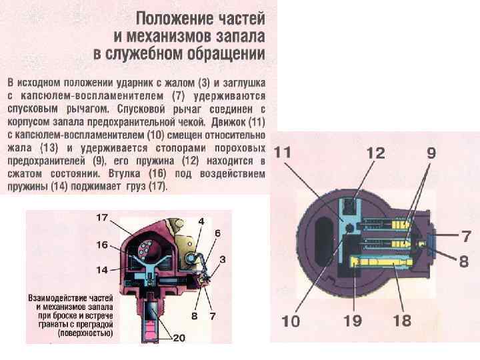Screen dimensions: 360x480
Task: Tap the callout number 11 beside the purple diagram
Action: click(283, 152)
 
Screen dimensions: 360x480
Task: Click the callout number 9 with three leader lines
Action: click(431, 152)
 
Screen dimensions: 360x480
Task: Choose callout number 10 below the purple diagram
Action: click(291, 321)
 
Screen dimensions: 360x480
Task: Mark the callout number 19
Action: click(352, 321)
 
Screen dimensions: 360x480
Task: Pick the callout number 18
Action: click(402, 321)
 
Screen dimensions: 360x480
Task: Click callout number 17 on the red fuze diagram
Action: click(102, 217)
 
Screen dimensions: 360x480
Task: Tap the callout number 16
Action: click(101, 245)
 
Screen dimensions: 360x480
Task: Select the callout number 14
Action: click(101, 270)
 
